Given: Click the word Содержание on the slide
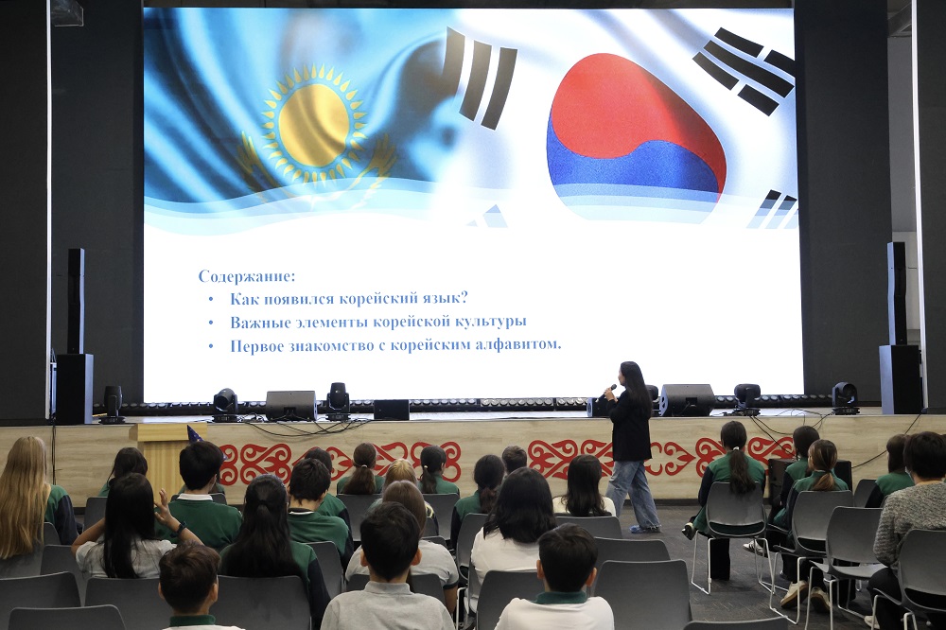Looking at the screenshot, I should tap(247, 276).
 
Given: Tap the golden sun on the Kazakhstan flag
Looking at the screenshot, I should tap(314, 123).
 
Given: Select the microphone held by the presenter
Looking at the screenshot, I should tap(609, 388).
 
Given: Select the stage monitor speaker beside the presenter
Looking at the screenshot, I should tap(687, 399).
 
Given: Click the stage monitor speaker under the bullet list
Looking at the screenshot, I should tap(289, 405).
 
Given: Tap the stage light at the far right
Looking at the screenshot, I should tap(845, 396).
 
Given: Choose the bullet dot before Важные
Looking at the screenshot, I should tap(211, 323).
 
